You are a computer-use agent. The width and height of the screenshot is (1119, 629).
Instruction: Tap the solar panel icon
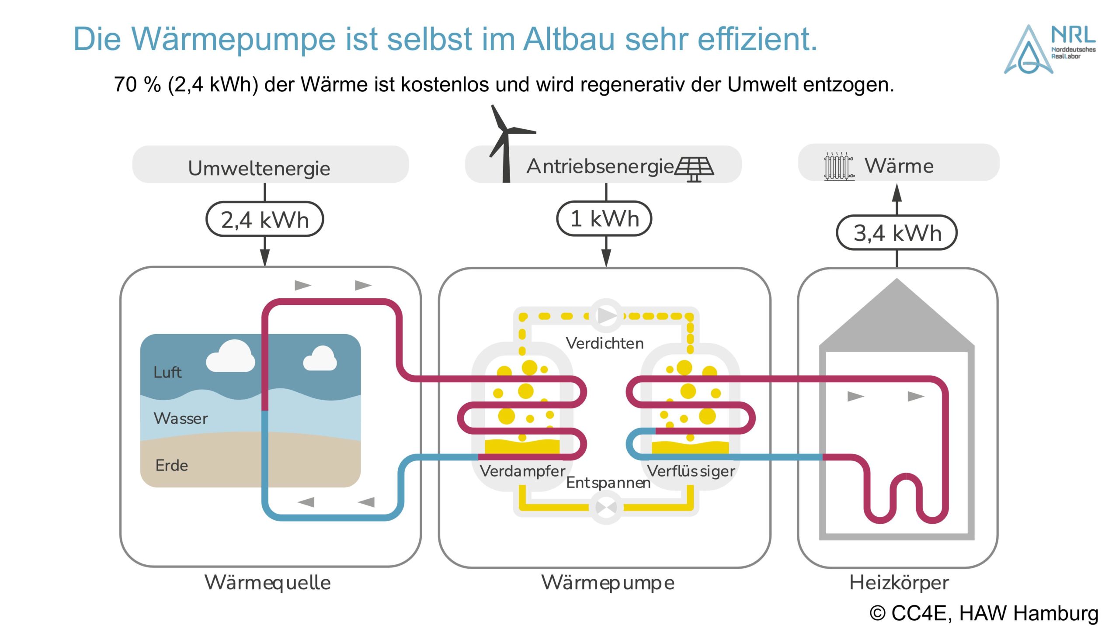coord(694,168)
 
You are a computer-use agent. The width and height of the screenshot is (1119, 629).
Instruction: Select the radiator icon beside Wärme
coord(838,166)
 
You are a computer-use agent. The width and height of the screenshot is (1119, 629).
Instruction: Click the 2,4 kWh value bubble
coord(264,219)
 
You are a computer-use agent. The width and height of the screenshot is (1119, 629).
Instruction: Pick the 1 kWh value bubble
coord(604,218)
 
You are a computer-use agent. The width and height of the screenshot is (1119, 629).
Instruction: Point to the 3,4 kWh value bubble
coord(897,233)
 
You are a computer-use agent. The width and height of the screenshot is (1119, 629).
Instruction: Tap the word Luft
coord(167,372)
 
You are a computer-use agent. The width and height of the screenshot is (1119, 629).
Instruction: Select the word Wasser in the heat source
coord(181,418)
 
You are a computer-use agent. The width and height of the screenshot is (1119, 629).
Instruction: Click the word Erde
coord(172,465)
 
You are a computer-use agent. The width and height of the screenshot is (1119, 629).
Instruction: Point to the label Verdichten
coord(605,343)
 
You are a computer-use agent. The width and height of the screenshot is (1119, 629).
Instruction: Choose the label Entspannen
coord(608,483)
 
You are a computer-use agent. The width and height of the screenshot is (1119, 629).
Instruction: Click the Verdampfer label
coord(522,471)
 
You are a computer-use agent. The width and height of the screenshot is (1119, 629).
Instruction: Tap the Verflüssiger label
coord(691,471)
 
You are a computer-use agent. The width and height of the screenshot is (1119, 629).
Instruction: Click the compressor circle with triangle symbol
coord(606,315)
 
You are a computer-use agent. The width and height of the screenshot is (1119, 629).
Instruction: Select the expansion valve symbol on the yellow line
coord(606,508)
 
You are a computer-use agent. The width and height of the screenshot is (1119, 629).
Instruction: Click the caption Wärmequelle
coord(268,583)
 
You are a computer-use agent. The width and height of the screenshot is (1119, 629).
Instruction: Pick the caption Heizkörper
coord(899,583)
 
